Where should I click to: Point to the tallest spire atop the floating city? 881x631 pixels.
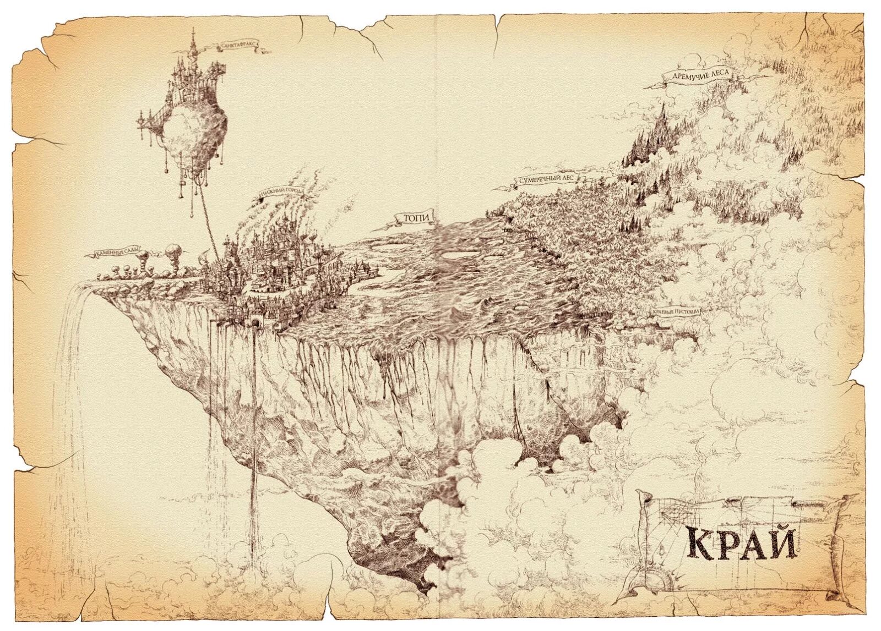point(192,39)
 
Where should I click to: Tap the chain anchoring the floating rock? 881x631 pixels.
point(211,220)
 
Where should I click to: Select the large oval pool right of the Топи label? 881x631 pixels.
point(458,255)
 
